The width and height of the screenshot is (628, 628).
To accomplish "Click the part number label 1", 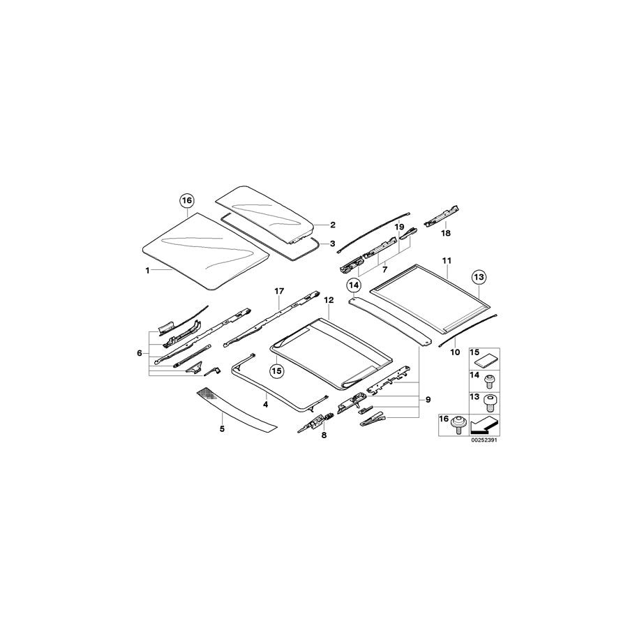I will click(147, 270).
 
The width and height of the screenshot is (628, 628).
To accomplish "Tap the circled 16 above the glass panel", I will click(186, 201).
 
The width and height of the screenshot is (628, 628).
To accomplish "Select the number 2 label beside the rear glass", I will click(333, 225).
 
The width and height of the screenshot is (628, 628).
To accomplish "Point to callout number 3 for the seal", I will click(333, 244).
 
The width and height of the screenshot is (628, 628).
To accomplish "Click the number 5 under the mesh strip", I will click(222, 428).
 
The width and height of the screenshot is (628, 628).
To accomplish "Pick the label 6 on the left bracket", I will click(140, 352).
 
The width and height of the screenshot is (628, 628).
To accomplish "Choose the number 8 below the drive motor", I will click(324, 435).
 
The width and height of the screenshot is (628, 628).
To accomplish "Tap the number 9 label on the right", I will click(428, 399).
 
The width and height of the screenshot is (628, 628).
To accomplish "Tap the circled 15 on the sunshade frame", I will click(276, 371).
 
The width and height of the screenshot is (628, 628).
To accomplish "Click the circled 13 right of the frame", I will click(478, 277).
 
